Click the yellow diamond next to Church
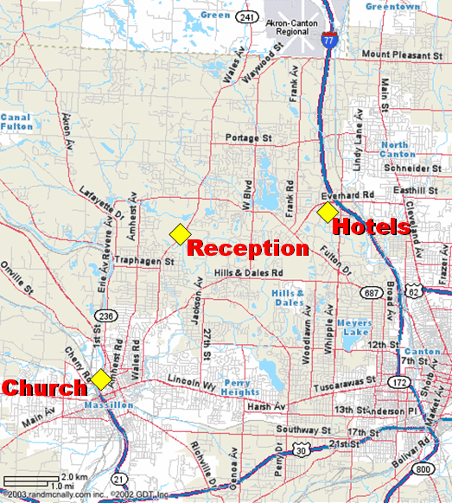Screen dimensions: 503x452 pos(102,379)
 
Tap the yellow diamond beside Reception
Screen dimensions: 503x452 pos(179,233)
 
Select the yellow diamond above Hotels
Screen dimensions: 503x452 pos(327,212)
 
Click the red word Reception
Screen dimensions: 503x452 pos(248,248)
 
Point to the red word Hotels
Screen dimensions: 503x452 pos(370,227)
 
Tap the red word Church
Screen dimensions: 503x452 pos(44,388)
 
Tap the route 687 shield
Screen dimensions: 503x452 pos(373,295)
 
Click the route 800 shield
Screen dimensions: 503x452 pos(423,468)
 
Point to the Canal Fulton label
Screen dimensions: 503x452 pos(16,122)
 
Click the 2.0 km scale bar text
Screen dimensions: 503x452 pos(73,477)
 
